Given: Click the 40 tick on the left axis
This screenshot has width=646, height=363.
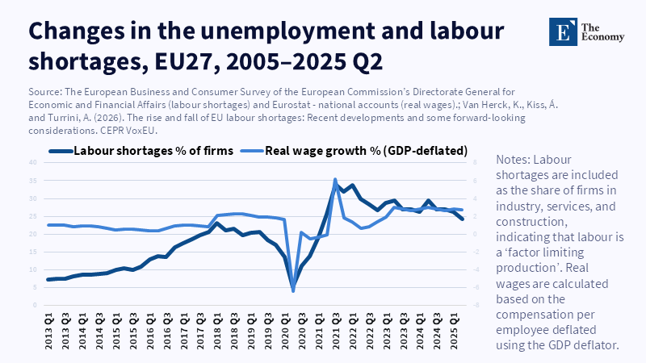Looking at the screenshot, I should (x=32, y=162).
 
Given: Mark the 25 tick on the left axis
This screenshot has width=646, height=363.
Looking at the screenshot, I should (x=32, y=216).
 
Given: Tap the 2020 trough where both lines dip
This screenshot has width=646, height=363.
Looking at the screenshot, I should (x=293, y=290).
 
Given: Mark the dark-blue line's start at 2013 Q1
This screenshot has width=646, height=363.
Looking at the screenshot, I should (x=48, y=280).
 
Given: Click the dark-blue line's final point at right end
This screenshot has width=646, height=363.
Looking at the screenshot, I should (x=462, y=219).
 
